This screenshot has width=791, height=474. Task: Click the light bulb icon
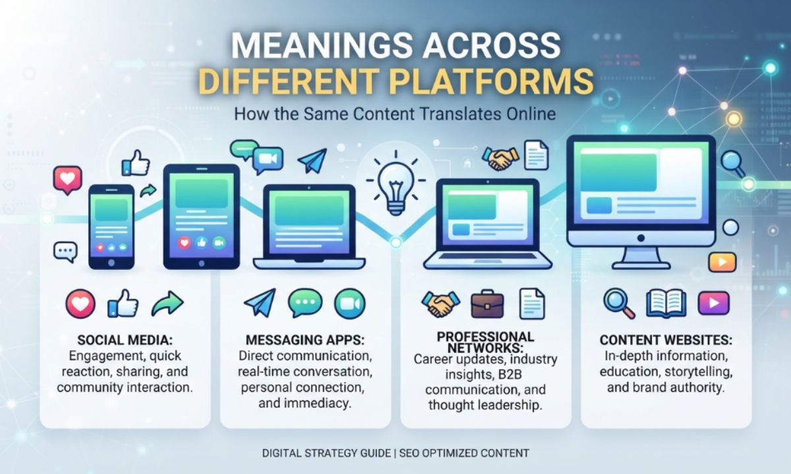[395, 184]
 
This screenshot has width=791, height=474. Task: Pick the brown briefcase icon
[487, 304]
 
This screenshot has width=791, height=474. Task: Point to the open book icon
[666, 304]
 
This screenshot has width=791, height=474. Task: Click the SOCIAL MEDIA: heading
[125, 340]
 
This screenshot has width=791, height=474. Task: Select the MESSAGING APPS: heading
[305, 340]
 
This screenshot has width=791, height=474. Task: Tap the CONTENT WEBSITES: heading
[666, 340]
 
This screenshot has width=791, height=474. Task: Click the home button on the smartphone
[111, 263]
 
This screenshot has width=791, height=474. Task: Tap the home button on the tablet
[202, 263]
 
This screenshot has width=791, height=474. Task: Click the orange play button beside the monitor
[722, 262]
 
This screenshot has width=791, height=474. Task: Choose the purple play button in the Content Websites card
[714, 303]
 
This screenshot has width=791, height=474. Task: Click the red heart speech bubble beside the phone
[68, 180]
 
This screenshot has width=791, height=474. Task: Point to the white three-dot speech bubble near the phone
[66, 251]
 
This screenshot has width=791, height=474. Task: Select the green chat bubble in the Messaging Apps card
[305, 303]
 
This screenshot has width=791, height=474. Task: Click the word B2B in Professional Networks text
[510, 375]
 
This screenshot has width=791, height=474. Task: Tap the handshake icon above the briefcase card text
[441, 303]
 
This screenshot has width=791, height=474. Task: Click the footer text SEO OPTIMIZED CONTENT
[464, 453]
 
